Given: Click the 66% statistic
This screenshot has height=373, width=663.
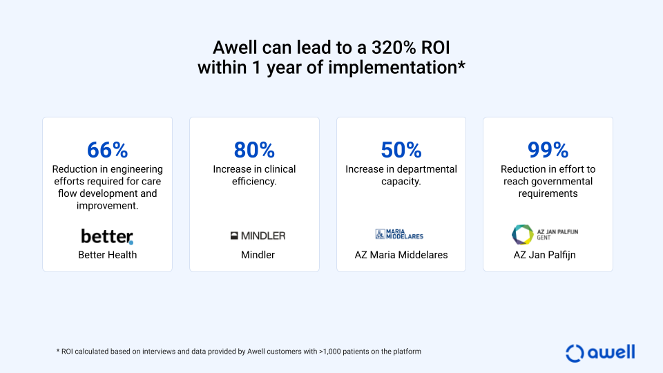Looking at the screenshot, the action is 108,150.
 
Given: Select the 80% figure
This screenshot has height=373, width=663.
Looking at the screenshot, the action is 254,150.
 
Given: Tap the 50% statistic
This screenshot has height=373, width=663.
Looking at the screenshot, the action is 401,150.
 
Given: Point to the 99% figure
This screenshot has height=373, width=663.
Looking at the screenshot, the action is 548,150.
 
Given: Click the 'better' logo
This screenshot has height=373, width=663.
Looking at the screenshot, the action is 108,236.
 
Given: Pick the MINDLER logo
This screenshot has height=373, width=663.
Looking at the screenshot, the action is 258,236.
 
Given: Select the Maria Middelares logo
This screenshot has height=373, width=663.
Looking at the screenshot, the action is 399,234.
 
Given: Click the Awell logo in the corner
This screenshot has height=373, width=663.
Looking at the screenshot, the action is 600,353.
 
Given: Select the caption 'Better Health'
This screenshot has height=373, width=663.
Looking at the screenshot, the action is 108,255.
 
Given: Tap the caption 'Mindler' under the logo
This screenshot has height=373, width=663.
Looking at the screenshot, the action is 258,255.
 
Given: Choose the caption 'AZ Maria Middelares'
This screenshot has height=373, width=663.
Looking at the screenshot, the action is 401,255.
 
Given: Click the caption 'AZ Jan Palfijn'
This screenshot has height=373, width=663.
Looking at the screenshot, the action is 545,255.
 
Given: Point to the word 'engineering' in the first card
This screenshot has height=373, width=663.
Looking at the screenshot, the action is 137,170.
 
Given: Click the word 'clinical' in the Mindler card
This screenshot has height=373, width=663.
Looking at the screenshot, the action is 279,169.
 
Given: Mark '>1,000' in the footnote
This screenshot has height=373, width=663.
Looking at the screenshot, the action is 330,352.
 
